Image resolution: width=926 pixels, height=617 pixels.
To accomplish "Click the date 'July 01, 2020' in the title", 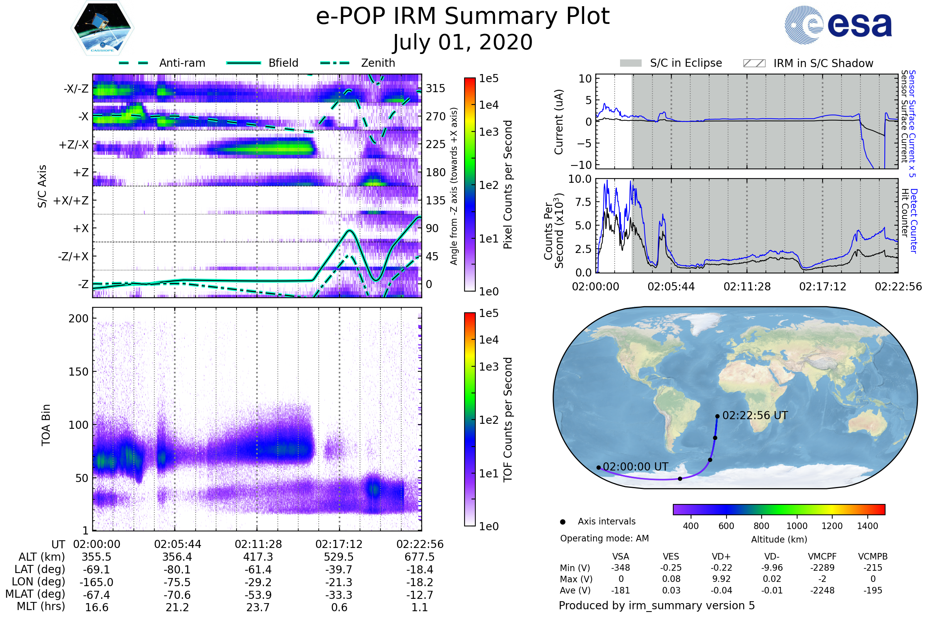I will coord(463,42).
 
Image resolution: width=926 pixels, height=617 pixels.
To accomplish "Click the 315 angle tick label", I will coord(436,88).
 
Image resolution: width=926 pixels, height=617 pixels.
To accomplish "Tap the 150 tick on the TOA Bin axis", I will coord(78,372).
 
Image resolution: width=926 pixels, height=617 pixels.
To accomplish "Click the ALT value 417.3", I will coord(258,557).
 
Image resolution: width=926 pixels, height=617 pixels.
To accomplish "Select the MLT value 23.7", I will coord(258,607).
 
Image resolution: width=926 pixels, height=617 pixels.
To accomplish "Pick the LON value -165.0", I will coord(96,582).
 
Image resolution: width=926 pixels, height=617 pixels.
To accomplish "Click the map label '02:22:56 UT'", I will coord(755,416).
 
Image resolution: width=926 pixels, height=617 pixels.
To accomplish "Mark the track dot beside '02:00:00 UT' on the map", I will coord(598,467).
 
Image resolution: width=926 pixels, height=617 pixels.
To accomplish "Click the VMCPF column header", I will coord(822,556).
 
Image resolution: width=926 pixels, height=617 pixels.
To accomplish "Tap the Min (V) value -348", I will coord(620,568).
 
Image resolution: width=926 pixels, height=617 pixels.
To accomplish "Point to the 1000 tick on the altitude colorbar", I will coord(797,526).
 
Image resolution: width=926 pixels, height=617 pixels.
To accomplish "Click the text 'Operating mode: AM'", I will coord(604,538).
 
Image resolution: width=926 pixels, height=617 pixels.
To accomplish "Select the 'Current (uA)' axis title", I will coord(559,122).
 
